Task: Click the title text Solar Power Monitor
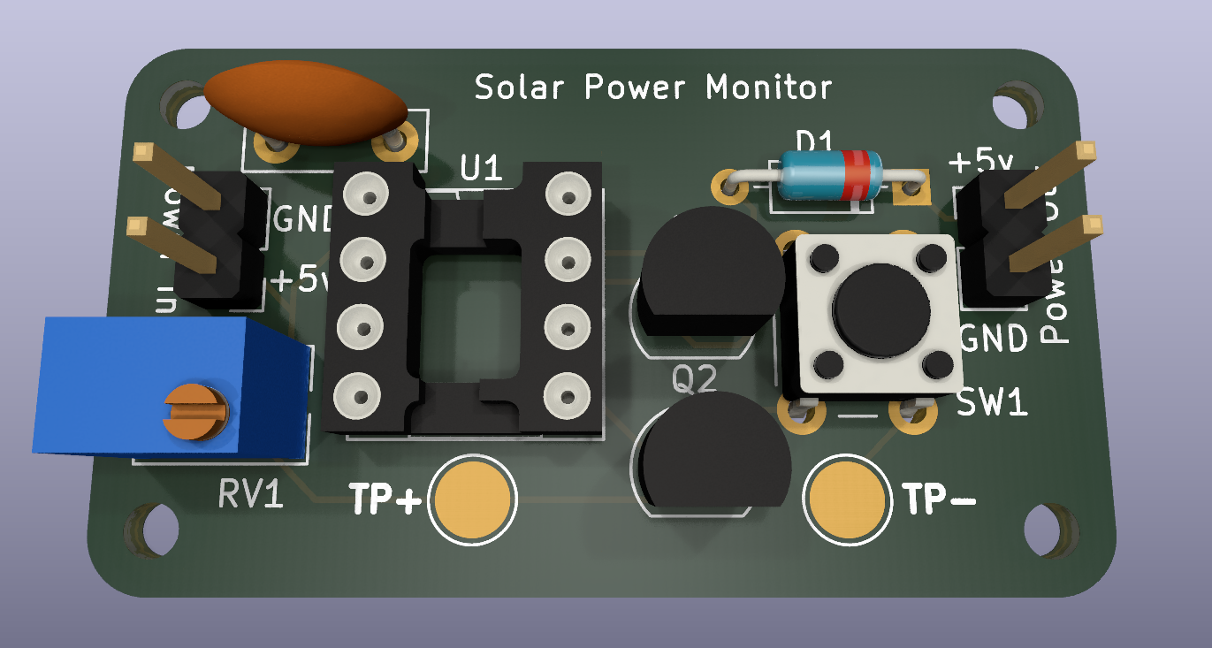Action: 653,88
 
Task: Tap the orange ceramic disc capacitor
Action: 305,102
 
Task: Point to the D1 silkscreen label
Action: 814,141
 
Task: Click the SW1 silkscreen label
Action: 993,404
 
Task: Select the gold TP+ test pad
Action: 472,499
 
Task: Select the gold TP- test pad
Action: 847,499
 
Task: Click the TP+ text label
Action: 385,499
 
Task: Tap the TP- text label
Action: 940,500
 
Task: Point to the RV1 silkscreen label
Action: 251,495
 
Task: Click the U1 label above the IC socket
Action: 482,167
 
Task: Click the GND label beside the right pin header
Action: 994,339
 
